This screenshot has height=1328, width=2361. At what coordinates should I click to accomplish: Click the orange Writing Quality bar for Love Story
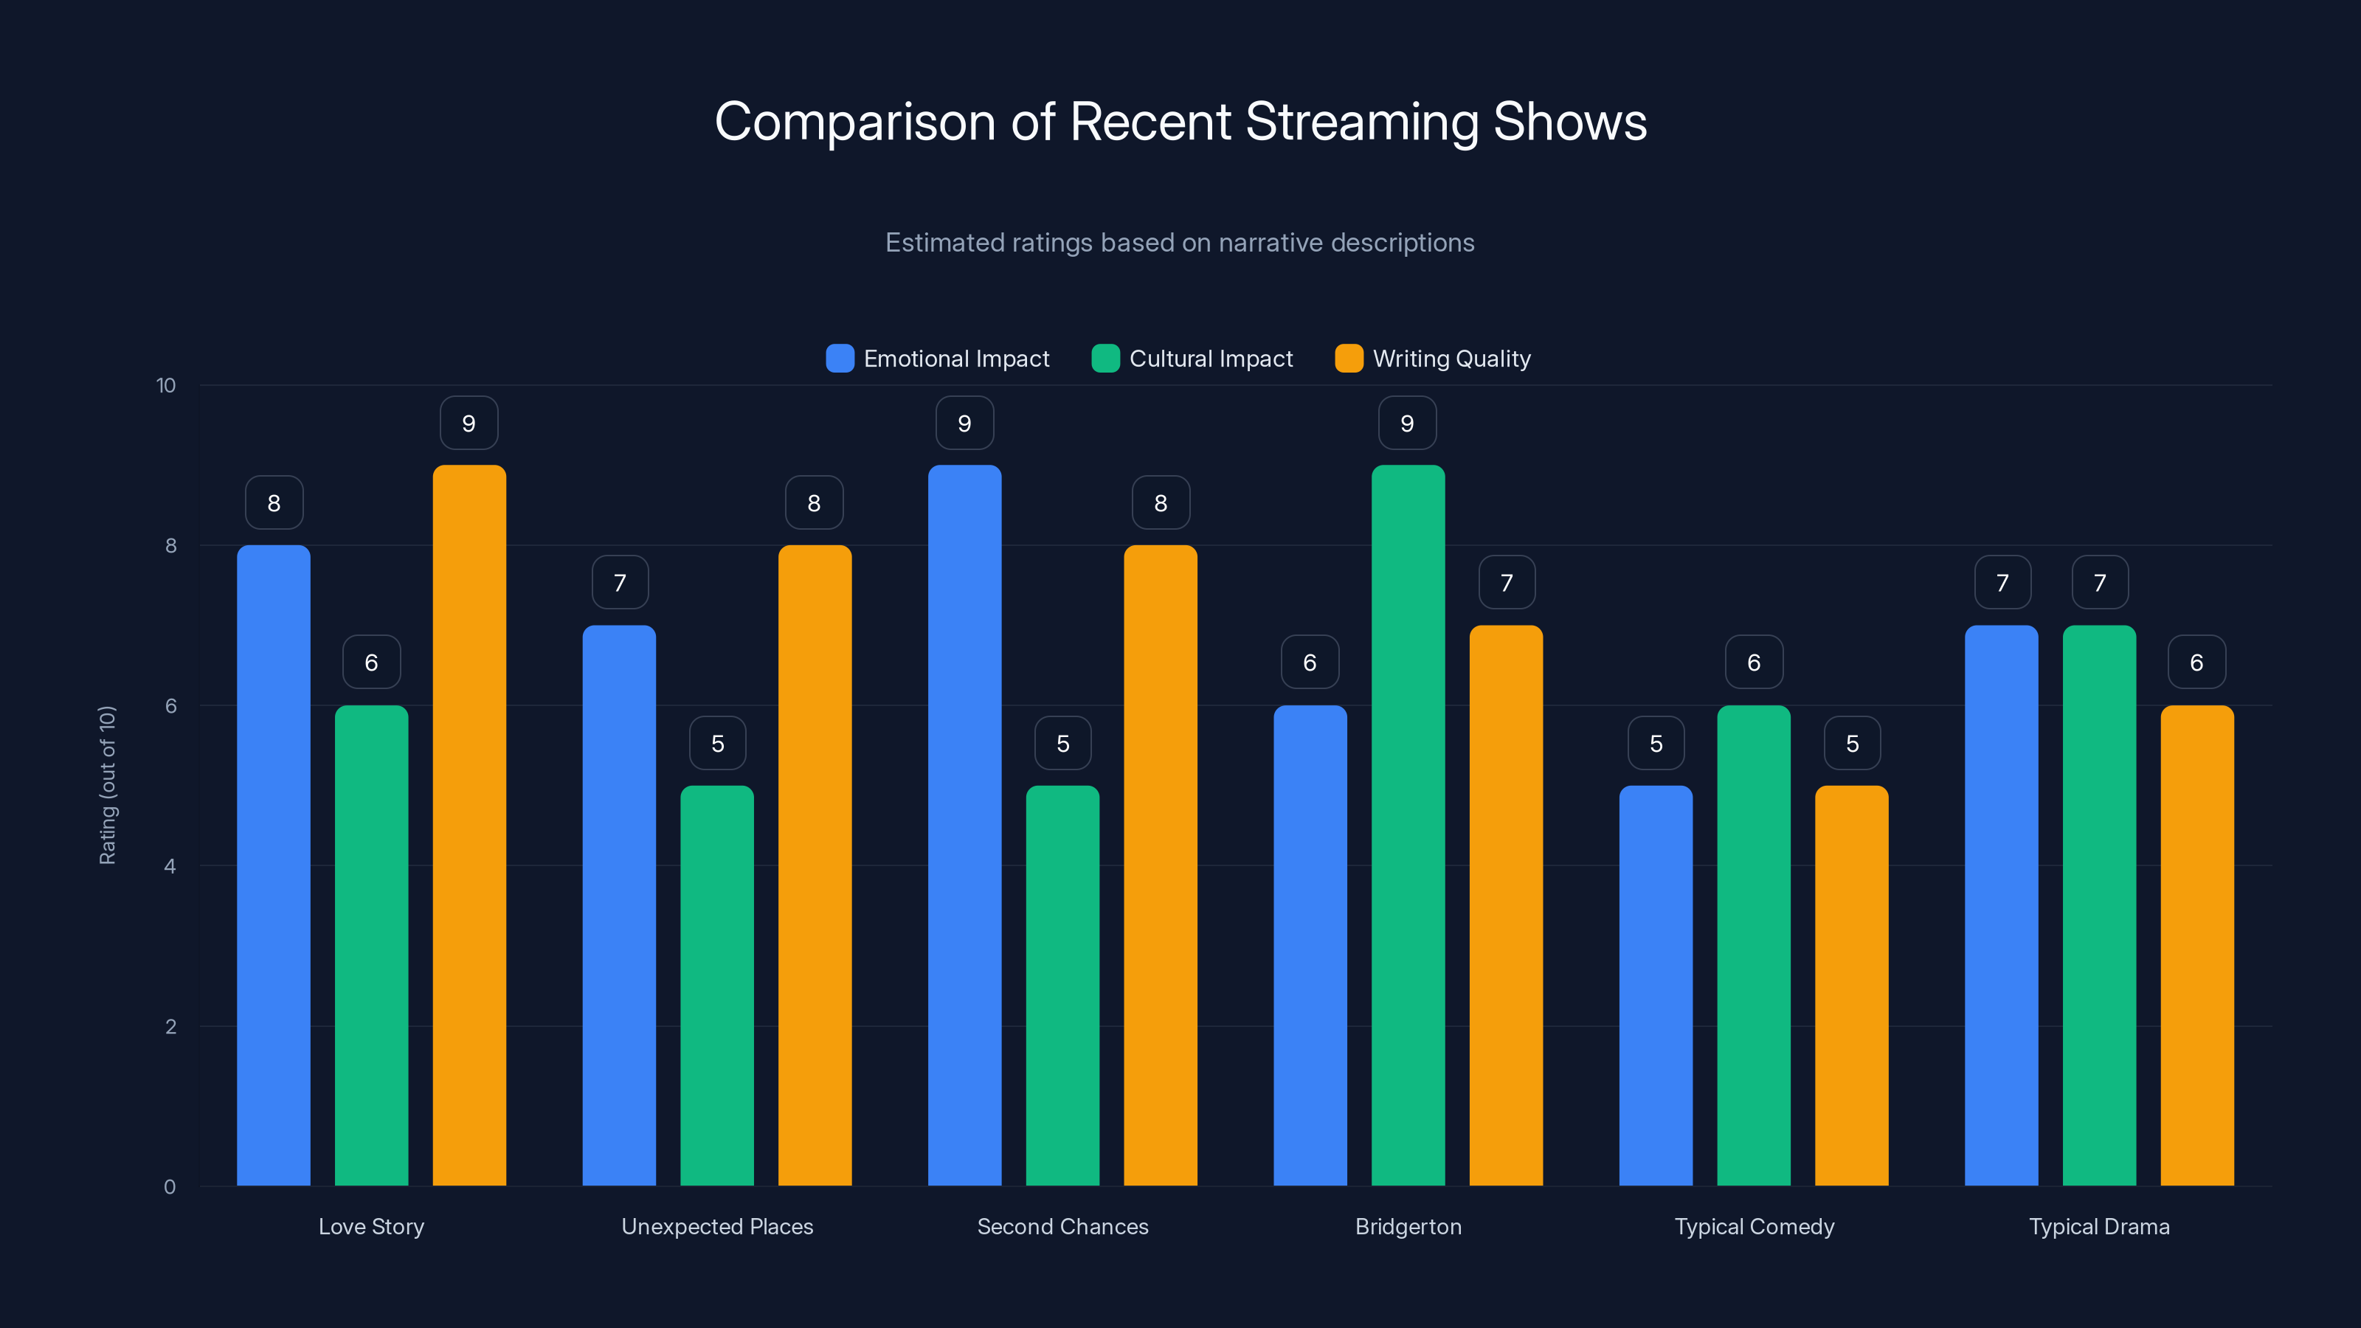click(469, 825)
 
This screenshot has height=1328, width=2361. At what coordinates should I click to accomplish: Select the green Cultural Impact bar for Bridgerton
click(1408, 825)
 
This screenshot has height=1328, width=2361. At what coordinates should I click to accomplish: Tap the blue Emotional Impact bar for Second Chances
click(964, 825)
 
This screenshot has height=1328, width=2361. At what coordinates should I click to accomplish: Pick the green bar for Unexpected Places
click(716, 985)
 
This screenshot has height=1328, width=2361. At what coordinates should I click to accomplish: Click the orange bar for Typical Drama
click(2197, 944)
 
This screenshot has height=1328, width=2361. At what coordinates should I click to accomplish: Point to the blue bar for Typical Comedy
click(1655, 985)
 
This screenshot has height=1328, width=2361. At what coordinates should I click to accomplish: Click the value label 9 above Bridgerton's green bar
click(1407, 423)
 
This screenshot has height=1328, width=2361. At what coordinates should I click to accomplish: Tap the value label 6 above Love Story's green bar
click(371, 663)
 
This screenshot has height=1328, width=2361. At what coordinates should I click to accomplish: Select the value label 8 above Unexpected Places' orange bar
click(814, 503)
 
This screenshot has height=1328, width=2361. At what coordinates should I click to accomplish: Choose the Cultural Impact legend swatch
click(1105, 359)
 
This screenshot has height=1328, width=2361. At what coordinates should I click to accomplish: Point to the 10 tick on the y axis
click(166, 386)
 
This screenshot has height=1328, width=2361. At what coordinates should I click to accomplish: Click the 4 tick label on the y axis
click(170, 866)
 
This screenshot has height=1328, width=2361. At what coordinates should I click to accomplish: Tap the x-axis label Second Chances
click(1062, 1226)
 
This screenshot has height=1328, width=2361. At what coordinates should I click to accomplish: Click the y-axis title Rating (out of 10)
click(107, 786)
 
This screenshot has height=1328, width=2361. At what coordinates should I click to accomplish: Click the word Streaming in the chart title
click(1361, 122)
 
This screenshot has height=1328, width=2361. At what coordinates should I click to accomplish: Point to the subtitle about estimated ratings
click(1180, 243)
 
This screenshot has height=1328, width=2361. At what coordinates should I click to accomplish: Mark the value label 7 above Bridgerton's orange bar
click(1506, 583)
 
